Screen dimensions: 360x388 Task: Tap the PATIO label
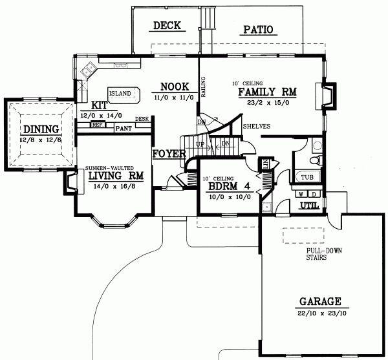258,30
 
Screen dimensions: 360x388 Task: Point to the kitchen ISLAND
122,93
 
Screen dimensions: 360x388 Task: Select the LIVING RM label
115,175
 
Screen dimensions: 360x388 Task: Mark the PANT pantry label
123,129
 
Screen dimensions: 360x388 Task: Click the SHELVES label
256,126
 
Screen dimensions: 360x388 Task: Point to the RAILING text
203,87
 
